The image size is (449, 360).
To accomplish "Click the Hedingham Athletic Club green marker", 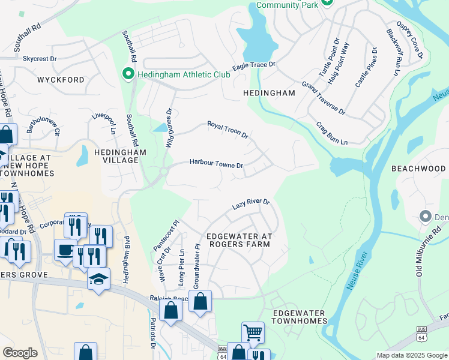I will [x=127, y=74].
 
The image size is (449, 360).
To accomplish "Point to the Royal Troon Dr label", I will [x=228, y=129].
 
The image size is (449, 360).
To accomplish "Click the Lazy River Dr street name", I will [x=251, y=205].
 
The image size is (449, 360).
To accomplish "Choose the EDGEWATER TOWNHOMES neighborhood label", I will [x=298, y=317].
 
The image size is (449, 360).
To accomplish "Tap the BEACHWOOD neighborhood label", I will [x=418, y=169].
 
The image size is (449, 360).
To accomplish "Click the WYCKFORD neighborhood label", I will [x=61, y=80].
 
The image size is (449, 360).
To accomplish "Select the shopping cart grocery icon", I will [x=253, y=332].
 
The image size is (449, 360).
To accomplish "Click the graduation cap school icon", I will [x=98, y=278].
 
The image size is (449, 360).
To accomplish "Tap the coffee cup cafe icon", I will [x=65, y=250].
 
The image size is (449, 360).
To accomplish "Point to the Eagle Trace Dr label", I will [x=254, y=65].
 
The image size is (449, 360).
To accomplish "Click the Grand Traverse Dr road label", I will [x=324, y=99].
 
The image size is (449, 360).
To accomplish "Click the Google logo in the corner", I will [x=20, y=353].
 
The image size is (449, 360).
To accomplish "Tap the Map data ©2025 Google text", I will [x=412, y=355].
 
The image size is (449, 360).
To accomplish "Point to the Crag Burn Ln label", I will [x=332, y=133].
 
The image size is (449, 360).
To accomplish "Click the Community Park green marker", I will [x=326, y=3].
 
